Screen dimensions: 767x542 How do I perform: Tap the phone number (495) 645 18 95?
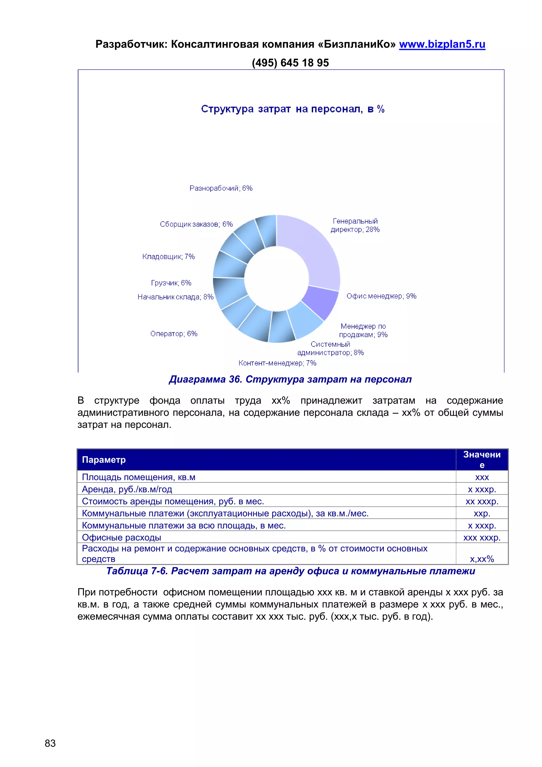click(290, 63)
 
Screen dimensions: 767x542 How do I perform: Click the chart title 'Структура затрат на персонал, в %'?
click(293, 109)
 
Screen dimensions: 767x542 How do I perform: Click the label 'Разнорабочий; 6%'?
click(221, 188)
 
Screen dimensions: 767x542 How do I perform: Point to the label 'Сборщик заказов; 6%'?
click(196, 224)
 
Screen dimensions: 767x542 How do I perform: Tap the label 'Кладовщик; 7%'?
click(168, 257)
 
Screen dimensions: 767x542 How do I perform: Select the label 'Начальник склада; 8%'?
click(175, 297)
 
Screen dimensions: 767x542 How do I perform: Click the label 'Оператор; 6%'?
click(174, 334)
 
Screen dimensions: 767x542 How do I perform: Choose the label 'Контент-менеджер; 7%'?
click(277, 363)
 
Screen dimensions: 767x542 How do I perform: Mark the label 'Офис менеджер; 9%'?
click(381, 296)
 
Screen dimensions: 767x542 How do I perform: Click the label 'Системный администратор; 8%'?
click(330, 349)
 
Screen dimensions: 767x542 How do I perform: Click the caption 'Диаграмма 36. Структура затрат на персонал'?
click(290, 380)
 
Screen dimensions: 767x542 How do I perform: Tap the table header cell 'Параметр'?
click(104, 460)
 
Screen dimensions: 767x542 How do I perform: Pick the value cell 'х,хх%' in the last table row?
click(482, 559)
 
